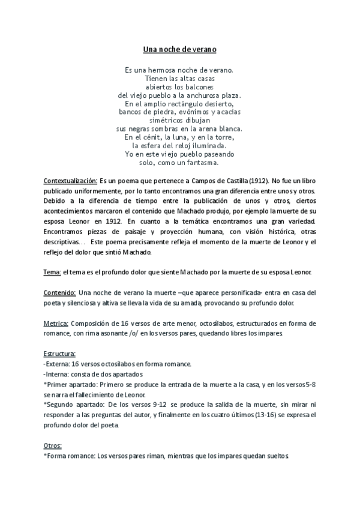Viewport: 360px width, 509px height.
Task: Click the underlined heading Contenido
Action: click(x=59, y=292)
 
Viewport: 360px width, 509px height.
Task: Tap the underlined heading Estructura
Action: click(x=59, y=354)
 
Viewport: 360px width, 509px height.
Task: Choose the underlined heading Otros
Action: click(x=53, y=445)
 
